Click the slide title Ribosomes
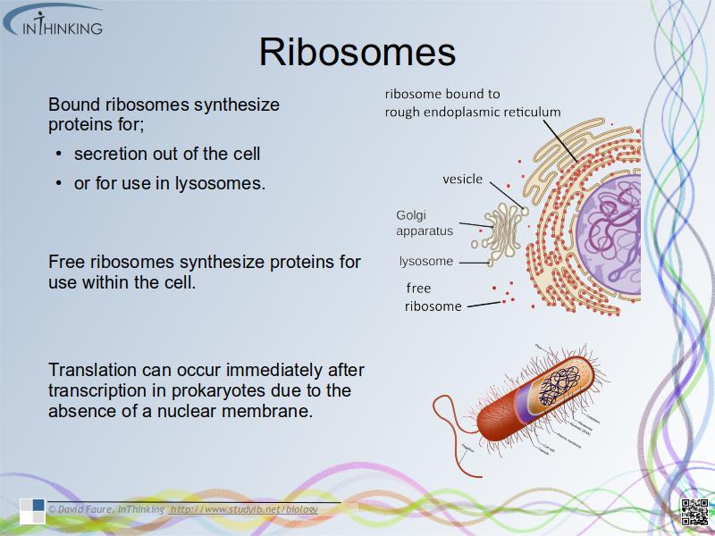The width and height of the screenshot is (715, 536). coord(357,52)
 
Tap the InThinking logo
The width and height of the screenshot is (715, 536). coord(54,21)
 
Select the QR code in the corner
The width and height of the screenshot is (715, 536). coord(694,512)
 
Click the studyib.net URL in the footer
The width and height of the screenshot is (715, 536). coord(243,509)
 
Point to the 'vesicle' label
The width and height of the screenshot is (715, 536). coord(462,180)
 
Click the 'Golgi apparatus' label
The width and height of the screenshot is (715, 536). coord(425,222)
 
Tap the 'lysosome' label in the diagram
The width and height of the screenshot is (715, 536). coord(426,262)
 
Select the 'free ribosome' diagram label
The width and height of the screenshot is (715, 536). coord(433,297)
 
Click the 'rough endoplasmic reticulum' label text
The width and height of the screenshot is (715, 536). coord(473,103)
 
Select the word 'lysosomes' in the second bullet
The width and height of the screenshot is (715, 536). coord(223,184)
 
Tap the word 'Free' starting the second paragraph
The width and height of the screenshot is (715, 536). coord(66,262)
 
